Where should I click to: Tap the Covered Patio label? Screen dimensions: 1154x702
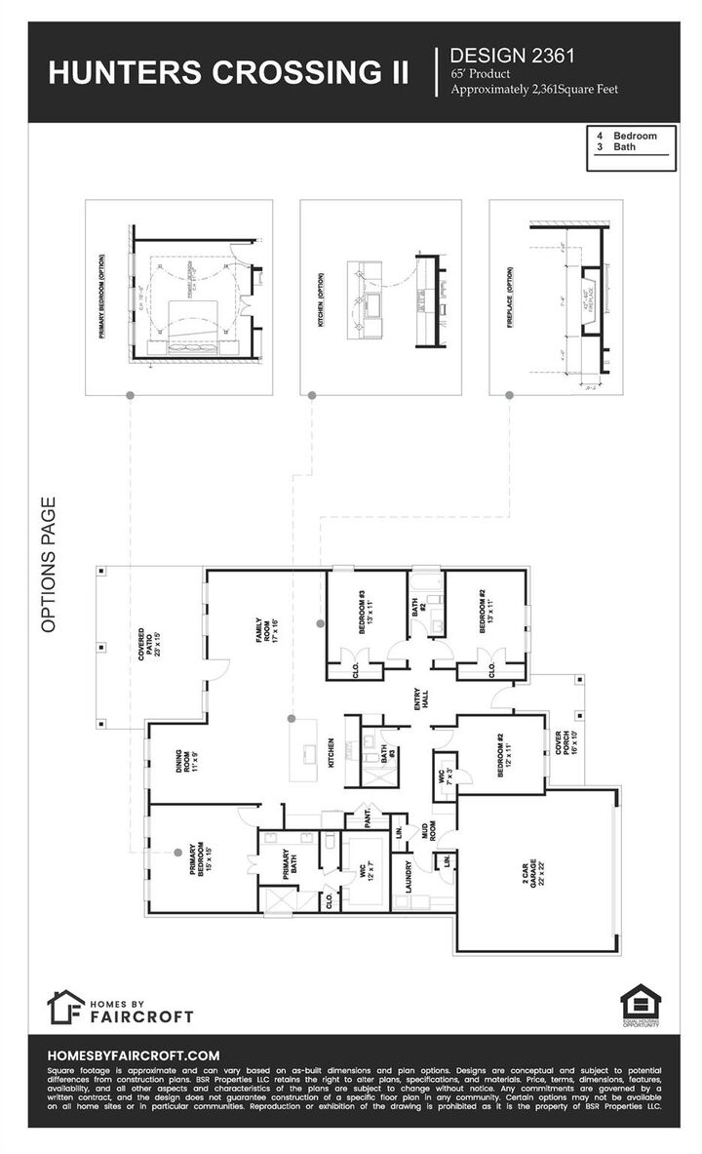[x=148, y=649]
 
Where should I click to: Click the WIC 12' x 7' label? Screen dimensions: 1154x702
[x=367, y=865]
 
